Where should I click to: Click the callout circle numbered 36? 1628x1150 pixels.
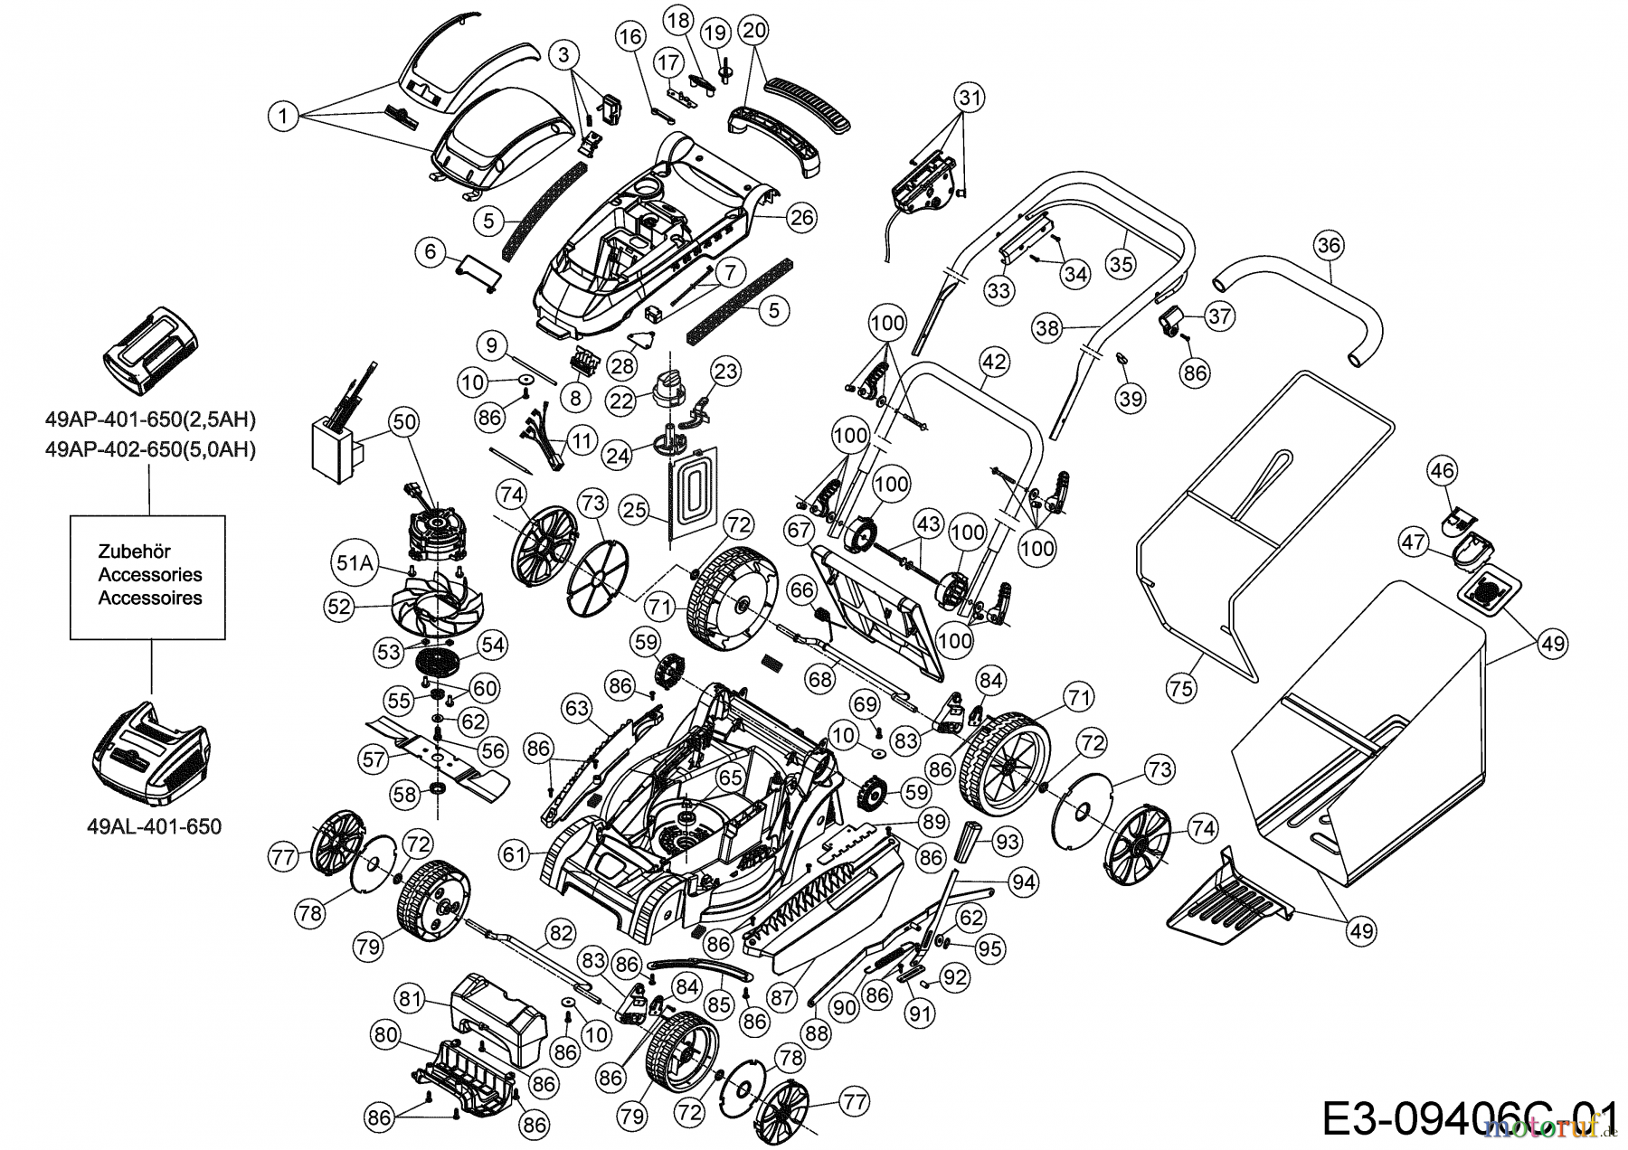click(x=1329, y=245)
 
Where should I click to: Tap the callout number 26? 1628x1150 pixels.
click(x=801, y=217)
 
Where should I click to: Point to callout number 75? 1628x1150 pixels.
click(x=1180, y=688)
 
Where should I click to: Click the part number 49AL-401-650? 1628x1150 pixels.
click(x=155, y=826)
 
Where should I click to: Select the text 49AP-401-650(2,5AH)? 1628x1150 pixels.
click(x=150, y=419)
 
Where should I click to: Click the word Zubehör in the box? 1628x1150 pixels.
click(x=134, y=551)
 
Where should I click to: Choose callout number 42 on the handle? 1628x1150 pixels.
click(x=993, y=362)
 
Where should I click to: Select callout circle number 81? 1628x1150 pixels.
click(x=411, y=997)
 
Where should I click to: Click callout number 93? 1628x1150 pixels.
click(x=1006, y=841)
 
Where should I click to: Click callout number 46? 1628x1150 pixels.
click(x=1443, y=470)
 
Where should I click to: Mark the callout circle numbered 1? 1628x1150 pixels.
click(x=283, y=116)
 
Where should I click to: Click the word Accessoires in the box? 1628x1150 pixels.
click(x=150, y=598)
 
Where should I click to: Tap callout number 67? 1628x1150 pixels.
click(x=799, y=530)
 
